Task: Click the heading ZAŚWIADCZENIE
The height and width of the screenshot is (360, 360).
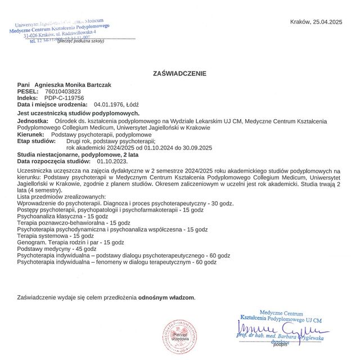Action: (x=179, y=73)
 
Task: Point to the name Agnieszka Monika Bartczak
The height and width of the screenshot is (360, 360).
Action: (x=73, y=84)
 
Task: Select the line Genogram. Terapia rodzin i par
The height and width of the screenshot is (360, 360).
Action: (x=71, y=242)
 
